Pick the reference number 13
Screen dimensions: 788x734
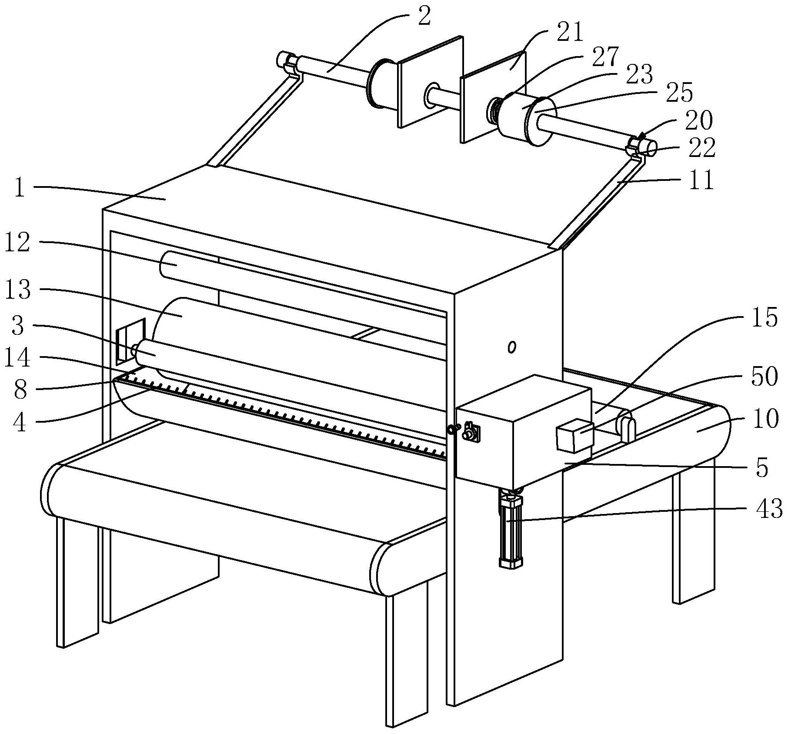coord(17,289)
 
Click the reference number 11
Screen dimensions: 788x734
coord(700,180)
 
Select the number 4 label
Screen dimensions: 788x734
coord(20,421)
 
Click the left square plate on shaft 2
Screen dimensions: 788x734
coord(431,81)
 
